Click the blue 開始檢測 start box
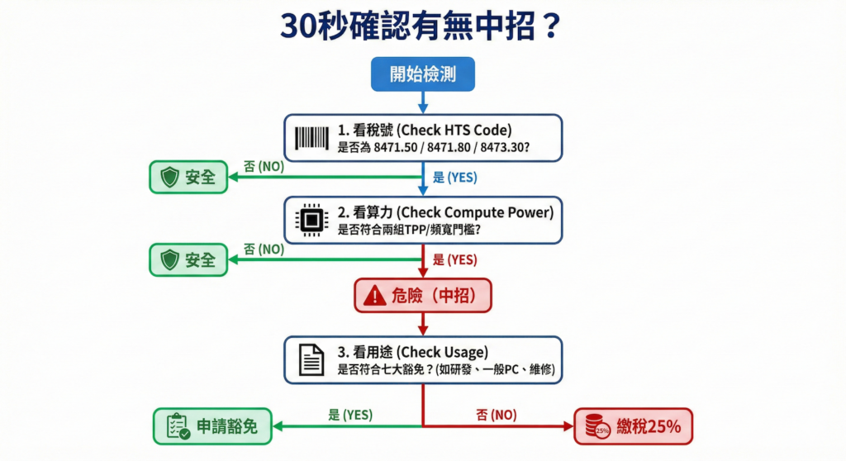coord(422,75)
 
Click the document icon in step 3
coord(311,359)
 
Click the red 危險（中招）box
coord(422,295)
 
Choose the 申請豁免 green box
coord(214,426)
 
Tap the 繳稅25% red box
coord(633,426)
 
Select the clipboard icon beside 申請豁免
coord(178,426)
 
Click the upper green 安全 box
coord(188,177)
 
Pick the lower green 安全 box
coord(188,259)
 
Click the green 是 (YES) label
coord(349,414)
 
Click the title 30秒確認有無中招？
coord(422,26)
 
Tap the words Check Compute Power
coord(473,211)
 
